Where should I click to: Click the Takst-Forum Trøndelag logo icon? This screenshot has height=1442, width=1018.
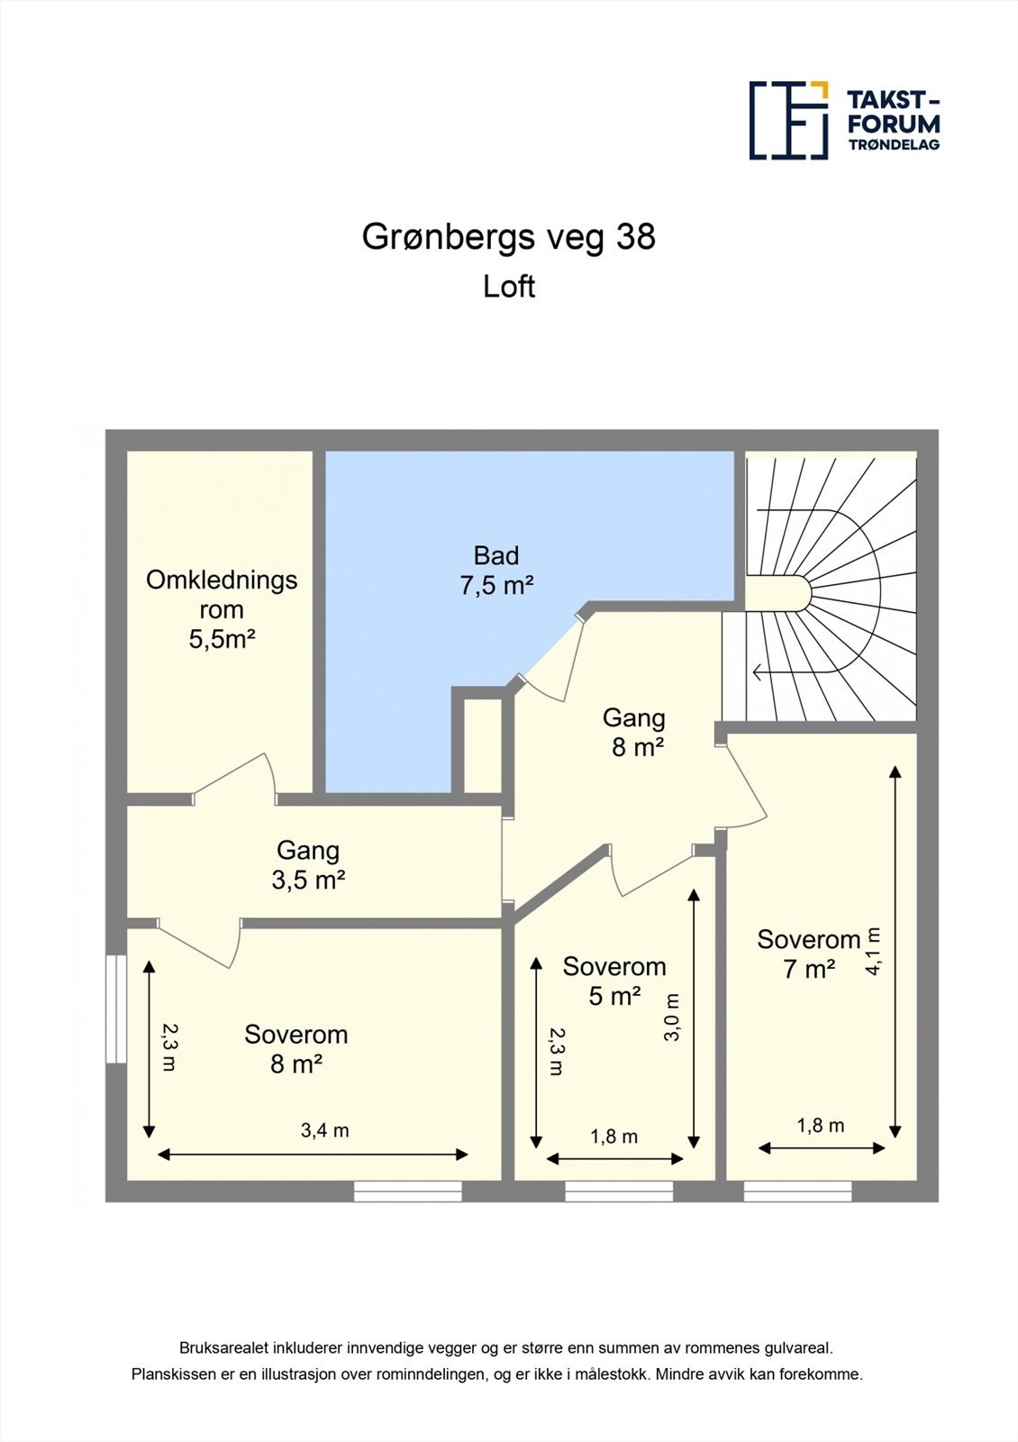coord(789,120)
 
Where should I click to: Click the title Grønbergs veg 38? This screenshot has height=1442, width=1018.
coord(508,237)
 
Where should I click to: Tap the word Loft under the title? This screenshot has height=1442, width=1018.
coord(509,287)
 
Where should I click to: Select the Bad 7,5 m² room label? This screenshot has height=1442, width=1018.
coord(496,570)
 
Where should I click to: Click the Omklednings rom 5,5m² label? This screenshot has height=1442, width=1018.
coord(222,609)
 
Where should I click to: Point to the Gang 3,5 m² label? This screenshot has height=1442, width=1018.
coord(308,864)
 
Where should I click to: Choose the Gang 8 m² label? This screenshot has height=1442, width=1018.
coord(634,732)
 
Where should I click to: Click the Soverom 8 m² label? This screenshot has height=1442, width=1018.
coord(295,1049)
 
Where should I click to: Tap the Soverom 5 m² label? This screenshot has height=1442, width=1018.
coord(614,981)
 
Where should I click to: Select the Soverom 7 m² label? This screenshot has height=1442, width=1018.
coord(808,954)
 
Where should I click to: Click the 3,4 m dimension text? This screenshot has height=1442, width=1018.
coord(324,1130)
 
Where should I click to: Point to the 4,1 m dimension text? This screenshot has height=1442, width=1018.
coord(873,952)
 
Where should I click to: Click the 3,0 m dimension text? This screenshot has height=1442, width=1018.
coord(672,1018)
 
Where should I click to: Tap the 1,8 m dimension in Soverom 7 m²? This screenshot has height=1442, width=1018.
coord(820,1125)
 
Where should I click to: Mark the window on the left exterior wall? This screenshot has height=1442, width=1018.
coord(115,1008)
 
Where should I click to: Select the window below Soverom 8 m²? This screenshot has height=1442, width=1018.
coord(407,1191)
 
